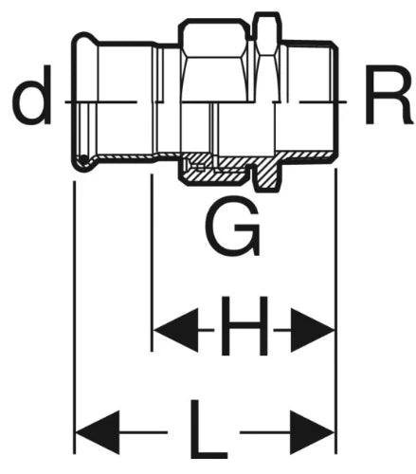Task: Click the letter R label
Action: (389, 94)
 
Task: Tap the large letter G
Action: (233, 226)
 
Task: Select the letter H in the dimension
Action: (244, 326)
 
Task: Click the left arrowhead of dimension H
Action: (175, 330)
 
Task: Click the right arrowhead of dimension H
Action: (313, 330)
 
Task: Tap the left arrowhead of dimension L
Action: (98, 432)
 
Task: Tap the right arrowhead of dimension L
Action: (313, 432)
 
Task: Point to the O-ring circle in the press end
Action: (83, 160)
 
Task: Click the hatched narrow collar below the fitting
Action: (267, 173)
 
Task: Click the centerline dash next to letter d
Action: (101, 101)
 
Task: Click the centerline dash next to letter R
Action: (323, 101)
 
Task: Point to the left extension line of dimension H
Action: (152, 263)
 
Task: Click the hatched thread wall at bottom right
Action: (305, 155)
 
